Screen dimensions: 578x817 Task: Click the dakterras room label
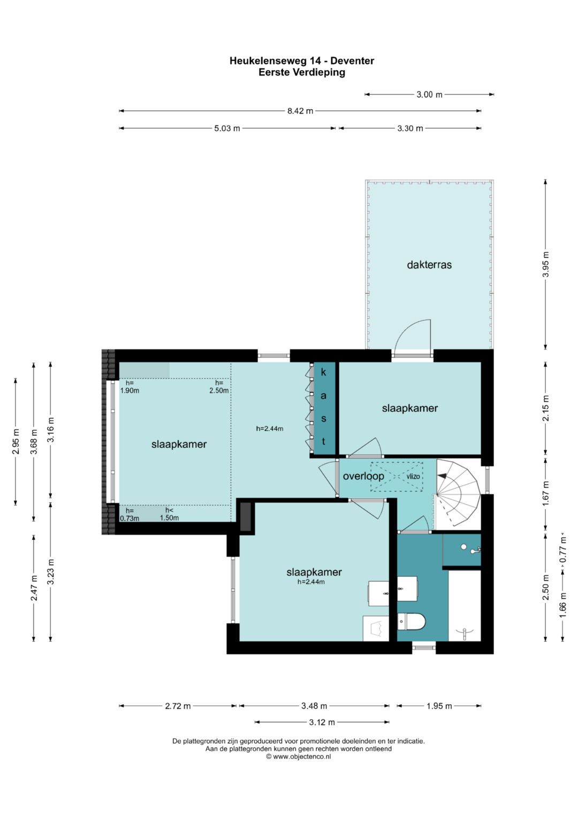tap(429, 264)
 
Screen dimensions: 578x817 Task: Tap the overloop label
tap(363, 476)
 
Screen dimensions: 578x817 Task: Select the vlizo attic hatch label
tap(413, 476)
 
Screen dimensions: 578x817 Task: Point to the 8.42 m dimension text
tap(300, 111)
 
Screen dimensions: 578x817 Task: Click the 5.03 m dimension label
tap(227, 128)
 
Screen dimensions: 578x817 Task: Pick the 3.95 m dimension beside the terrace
tap(545, 264)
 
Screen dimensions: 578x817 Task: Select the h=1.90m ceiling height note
tap(130, 387)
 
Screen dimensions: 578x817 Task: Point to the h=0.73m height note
tap(130, 515)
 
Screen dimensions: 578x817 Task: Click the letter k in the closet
tap(323, 372)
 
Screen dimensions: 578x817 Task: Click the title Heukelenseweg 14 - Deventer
tap(302, 61)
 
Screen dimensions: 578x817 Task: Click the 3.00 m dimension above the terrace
tap(429, 95)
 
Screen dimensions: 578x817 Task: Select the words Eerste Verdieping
tap(302, 73)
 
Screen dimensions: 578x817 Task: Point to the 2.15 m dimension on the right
tap(545, 408)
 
